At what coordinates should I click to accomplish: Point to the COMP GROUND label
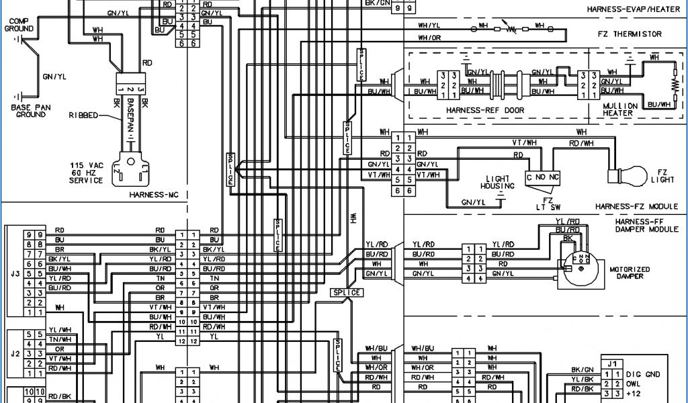tap(19, 26)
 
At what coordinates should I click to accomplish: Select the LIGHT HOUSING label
tap(497, 182)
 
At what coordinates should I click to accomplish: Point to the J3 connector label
tap(15, 273)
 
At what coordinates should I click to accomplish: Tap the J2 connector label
tap(15, 351)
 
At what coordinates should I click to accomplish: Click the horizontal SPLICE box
tap(347, 292)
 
